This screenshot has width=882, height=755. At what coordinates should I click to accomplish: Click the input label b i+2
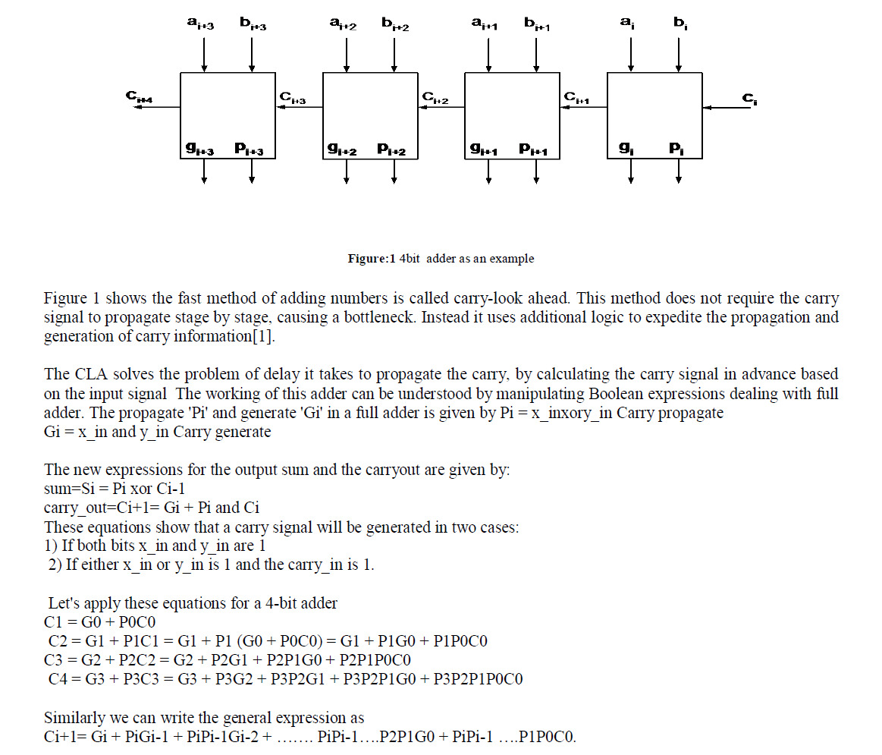pos(395,25)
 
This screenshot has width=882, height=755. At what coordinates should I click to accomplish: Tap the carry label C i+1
pos(577,98)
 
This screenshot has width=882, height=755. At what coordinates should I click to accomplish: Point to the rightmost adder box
pos(654,115)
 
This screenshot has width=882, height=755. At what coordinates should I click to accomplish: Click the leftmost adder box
pos(228,115)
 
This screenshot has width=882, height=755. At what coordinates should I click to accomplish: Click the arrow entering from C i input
pos(730,108)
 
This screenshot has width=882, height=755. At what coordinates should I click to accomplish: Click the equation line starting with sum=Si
pos(115,489)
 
